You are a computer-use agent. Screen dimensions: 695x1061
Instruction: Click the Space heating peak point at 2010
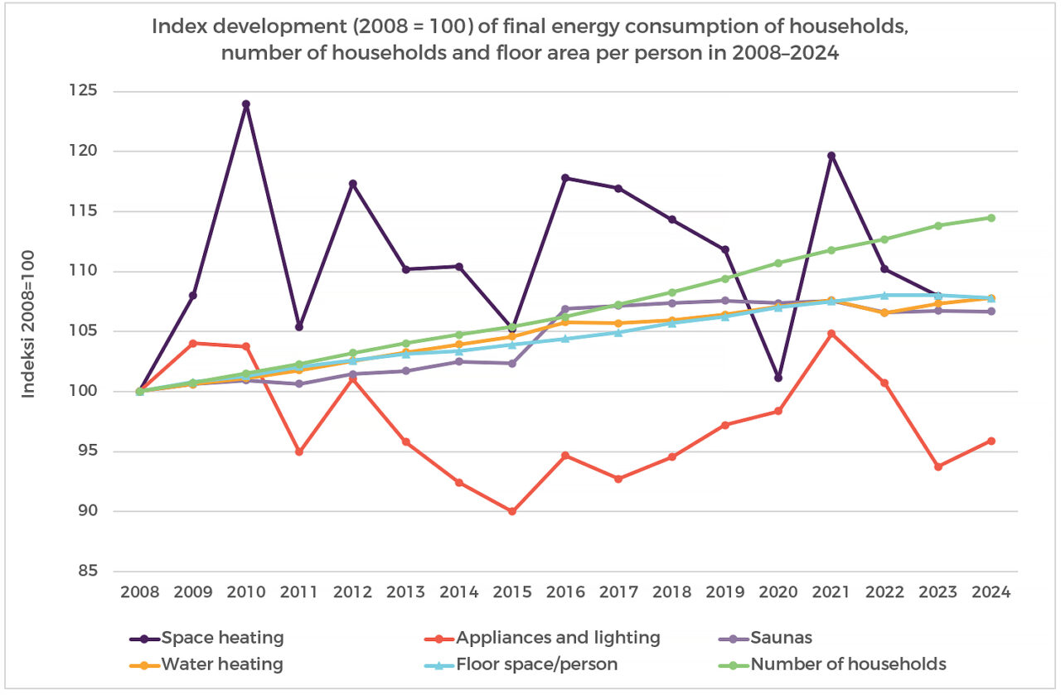[x=246, y=104]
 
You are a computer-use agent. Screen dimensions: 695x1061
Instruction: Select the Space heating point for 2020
[x=778, y=378]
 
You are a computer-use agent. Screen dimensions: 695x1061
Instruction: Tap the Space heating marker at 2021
[x=831, y=156]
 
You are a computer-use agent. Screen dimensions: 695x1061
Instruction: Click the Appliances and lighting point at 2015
[x=512, y=512]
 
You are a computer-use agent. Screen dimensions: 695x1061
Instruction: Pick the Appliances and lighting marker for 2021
[x=831, y=334]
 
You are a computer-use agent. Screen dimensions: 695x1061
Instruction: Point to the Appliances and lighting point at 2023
[x=937, y=467]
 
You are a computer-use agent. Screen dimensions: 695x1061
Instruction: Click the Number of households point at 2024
[x=991, y=218]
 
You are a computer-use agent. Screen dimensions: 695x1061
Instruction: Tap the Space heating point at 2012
[x=352, y=184]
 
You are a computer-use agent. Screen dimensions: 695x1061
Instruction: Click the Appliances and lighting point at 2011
[x=299, y=451]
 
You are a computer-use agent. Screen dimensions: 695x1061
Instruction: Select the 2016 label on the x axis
[x=565, y=593]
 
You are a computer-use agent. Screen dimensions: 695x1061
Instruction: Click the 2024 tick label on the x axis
[x=991, y=593]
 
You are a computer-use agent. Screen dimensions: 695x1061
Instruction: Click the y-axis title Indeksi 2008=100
[x=29, y=324]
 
